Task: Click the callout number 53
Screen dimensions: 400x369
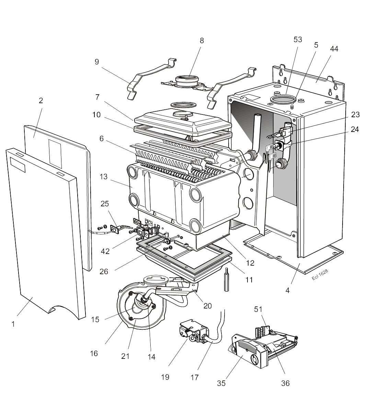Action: tap(298, 39)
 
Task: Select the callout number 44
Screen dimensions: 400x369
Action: tap(334, 49)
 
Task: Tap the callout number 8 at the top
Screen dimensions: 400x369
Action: tap(202, 40)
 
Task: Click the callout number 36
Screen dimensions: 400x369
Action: tap(285, 383)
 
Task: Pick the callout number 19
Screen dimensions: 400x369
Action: tap(165, 377)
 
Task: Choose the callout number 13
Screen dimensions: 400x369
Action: tap(104, 177)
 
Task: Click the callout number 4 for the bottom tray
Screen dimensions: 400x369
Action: tap(288, 291)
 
